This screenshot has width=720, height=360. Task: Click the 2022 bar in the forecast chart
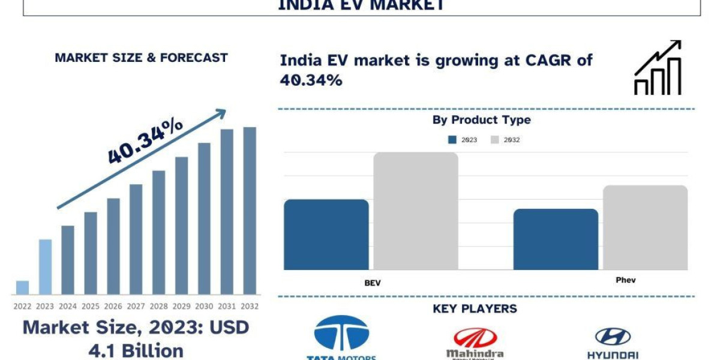22,287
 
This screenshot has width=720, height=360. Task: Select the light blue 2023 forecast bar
45,267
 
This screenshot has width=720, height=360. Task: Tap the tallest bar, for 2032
250,210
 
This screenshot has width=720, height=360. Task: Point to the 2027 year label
136,306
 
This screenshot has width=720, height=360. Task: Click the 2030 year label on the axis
204,306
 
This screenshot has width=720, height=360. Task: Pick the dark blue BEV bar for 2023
326,234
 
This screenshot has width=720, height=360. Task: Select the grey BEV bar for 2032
416,211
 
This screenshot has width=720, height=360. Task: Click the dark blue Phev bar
556,239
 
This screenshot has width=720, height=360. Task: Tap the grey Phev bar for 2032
645,227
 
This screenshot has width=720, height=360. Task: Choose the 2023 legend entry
463,140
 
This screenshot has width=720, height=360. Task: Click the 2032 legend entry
505,140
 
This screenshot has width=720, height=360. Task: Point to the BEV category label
372,283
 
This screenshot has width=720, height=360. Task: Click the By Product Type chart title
481,120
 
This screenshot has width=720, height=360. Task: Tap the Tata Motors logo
341,338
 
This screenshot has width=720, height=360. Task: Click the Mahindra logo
475,343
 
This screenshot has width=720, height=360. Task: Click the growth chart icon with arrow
658,67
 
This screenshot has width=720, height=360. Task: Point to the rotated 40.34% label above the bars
146,140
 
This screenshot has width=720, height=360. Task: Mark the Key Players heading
475,309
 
